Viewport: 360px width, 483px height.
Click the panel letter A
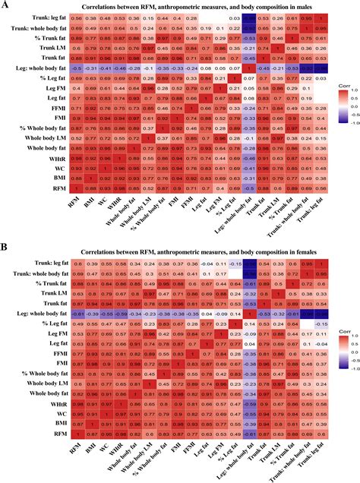6,5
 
